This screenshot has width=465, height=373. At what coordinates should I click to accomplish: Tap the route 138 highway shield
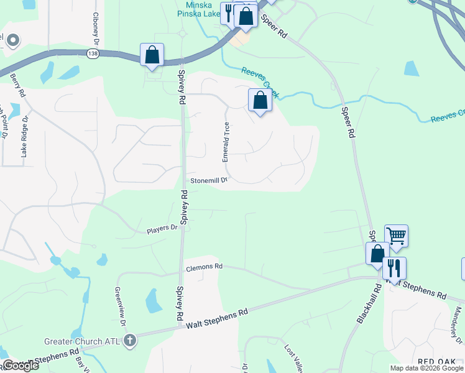tap(92, 53)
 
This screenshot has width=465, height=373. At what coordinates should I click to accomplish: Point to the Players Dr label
tap(162, 229)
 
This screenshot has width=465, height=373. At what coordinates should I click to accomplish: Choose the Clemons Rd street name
tap(204, 267)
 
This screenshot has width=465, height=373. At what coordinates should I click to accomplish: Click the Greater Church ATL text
tap(82, 341)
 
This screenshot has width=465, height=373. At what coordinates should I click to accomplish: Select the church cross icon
tap(129, 340)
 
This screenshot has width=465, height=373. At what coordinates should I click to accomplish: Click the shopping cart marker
tap(396, 236)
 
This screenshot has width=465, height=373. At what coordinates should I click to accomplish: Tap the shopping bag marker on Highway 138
tap(152, 55)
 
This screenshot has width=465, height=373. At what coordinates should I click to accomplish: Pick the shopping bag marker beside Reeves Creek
tap(260, 101)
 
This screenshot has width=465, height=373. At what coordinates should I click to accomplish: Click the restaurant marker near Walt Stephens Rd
tap(394, 269)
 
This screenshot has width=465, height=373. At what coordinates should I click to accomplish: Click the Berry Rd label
tap(17, 86)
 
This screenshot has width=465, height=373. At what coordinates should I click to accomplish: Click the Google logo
tap(20, 366)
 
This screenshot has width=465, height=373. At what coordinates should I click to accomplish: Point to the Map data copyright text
tap(426, 368)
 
